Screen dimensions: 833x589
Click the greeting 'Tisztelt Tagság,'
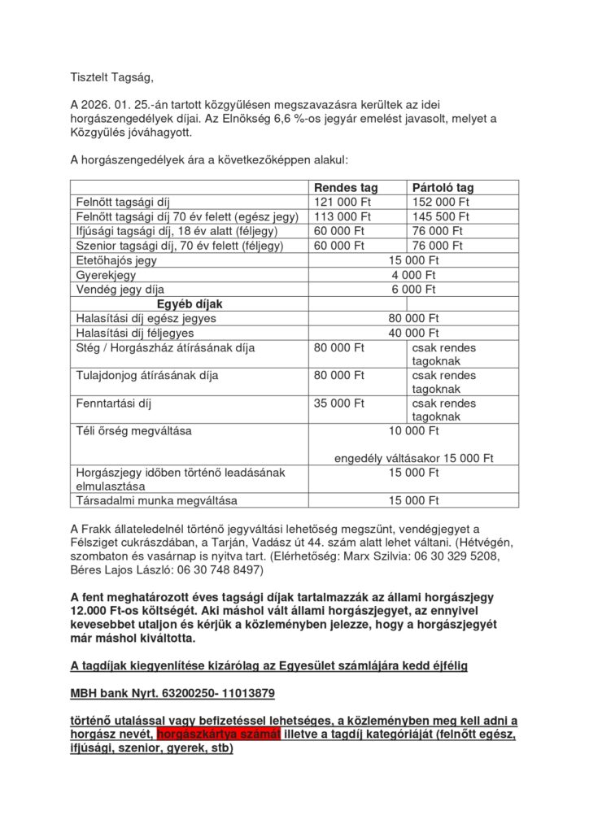click(111, 77)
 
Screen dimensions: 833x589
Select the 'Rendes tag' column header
click(346, 188)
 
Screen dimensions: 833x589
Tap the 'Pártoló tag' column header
click(443, 188)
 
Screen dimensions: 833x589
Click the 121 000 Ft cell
click(342, 202)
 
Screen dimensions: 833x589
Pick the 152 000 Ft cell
click(441, 202)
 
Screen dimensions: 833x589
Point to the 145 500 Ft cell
click(441, 216)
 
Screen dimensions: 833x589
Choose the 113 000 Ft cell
click(342, 216)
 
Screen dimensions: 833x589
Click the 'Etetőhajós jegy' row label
click(116, 260)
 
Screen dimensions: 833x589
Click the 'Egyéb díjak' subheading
click(189, 303)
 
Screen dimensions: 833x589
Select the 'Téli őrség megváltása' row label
click(133, 430)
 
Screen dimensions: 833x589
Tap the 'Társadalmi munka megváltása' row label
click(151, 500)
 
